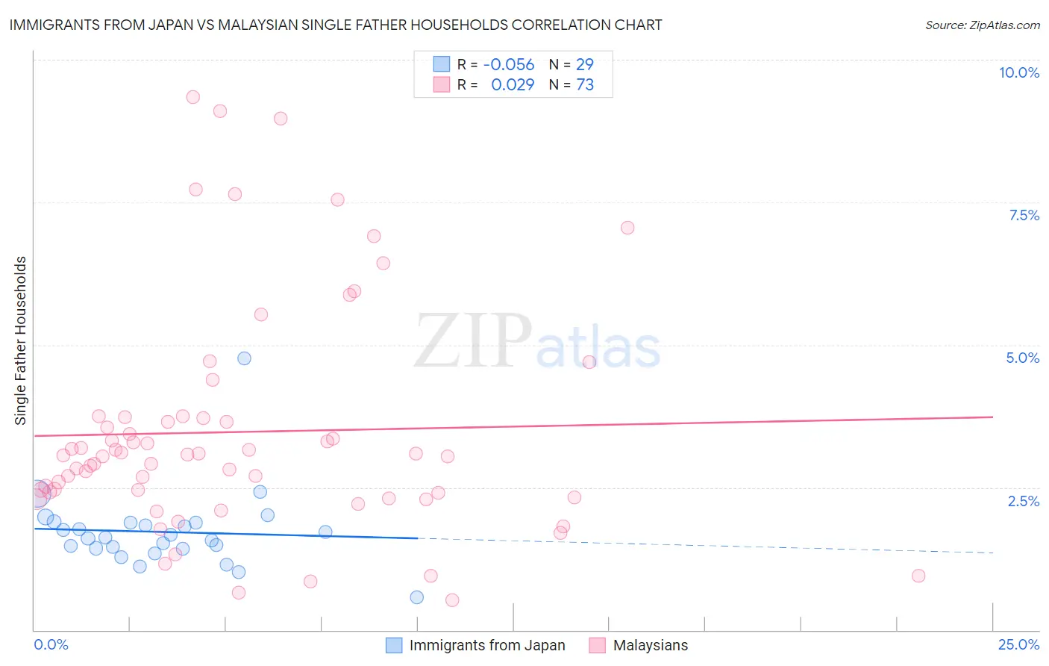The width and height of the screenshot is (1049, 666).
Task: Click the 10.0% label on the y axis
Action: tap(1018, 72)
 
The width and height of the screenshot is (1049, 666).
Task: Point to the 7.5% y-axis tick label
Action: tap(1024, 215)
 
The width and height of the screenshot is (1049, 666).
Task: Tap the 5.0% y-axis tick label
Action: tap(1022, 358)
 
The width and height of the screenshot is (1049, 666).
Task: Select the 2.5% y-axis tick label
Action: tap(1023, 501)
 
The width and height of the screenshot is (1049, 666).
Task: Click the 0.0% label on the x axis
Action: tap(51, 644)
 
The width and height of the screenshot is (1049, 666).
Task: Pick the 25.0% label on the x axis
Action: tap(1018, 644)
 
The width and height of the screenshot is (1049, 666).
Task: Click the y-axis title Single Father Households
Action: tap(20, 340)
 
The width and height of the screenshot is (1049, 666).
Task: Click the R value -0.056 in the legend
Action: tap(509, 65)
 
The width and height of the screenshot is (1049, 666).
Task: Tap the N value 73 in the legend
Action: tap(585, 85)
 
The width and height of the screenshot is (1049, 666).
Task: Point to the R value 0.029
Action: tap(513, 85)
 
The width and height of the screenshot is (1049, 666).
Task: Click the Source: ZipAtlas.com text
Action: tap(982, 25)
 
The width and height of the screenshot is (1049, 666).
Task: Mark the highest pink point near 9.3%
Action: tap(192, 97)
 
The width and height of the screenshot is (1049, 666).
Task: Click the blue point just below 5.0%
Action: tap(244, 358)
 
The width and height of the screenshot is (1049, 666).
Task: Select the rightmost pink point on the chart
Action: tap(918, 576)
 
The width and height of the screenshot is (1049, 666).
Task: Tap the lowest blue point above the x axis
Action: tap(417, 597)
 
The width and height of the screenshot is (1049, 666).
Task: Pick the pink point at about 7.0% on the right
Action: tap(627, 228)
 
